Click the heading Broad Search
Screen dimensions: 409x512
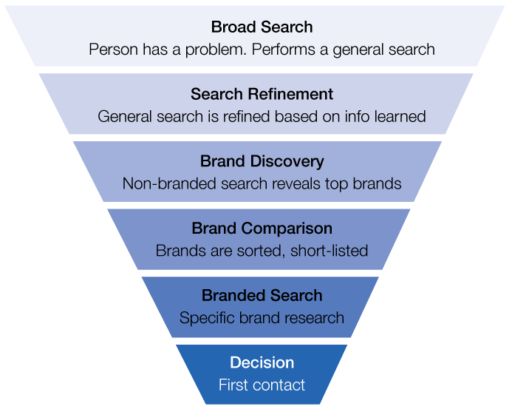click(x=262, y=27)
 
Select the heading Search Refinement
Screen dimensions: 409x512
click(x=262, y=95)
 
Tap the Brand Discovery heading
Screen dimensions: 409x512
click(x=262, y=161)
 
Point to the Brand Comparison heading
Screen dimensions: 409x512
click(x=262, y=229)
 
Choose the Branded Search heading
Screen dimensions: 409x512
click(x=262, y=296)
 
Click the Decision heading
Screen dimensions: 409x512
click(x=262, y=362)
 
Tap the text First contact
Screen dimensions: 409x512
click(x=262, y=385)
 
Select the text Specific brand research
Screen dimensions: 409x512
click(x=262, y=318)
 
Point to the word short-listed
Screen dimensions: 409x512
click(x=331, y=251)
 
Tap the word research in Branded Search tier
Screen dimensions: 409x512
click(x=313, y=318)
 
